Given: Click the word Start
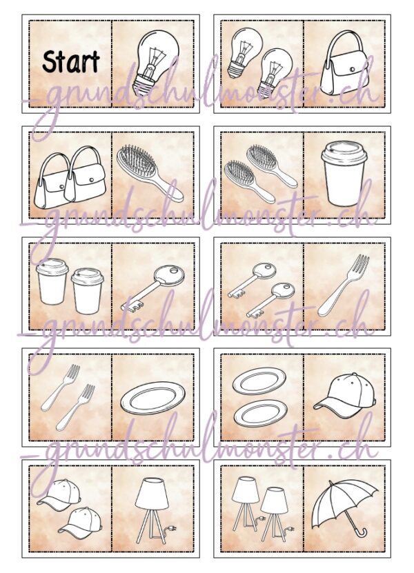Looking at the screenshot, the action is [x=71, y=61].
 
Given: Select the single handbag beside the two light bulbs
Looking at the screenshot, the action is [x=344, y=63].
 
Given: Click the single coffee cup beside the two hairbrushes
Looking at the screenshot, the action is [x=344, y=173].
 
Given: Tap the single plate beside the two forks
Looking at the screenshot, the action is [x=153, y=398].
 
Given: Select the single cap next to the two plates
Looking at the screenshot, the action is [x=345, y=396].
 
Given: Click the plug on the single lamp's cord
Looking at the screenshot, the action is [x=171, y=528].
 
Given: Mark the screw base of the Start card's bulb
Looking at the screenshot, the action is [x=143, y=83].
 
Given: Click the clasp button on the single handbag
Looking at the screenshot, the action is [x=352, y=69].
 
